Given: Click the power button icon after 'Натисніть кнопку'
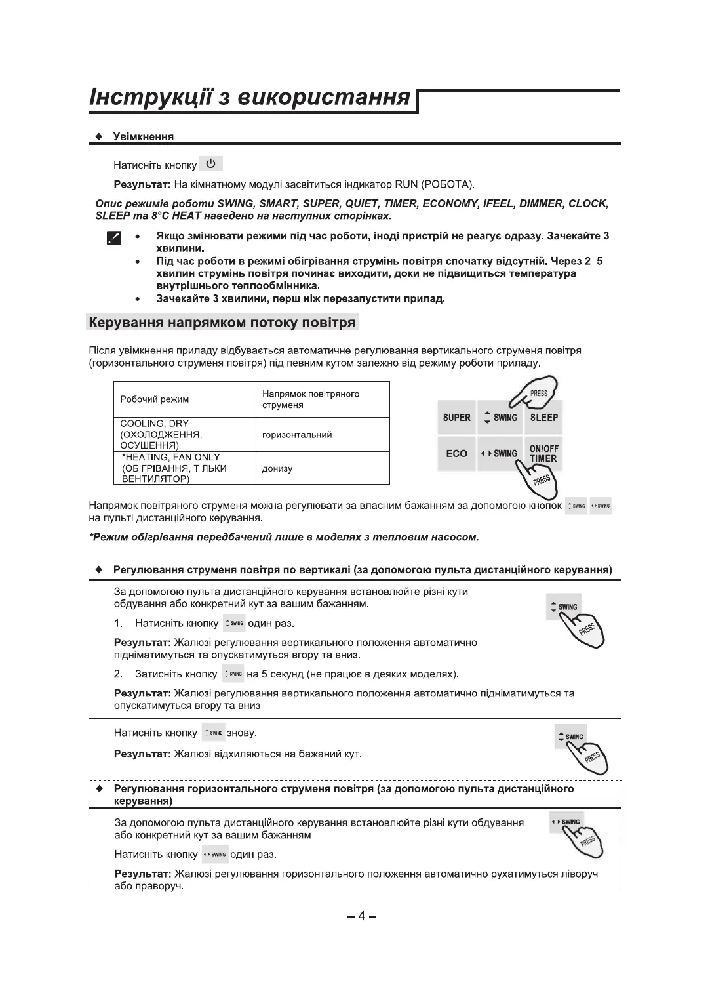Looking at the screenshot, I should (x=210, y=163).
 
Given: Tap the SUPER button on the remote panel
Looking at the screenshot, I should (x=456, y=418).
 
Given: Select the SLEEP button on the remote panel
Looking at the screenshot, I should (x=543, y=418).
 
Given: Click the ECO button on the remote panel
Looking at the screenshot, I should (x=456, y=453).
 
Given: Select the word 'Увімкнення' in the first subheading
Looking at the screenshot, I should (x=144, y=136).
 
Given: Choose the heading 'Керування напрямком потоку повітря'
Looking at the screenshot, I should (x=222, y=323).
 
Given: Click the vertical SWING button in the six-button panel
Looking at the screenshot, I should (x=500, y=418).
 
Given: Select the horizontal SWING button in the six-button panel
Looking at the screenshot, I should (x=500, y=453).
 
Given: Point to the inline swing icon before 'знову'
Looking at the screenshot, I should (x=213, y=733).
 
